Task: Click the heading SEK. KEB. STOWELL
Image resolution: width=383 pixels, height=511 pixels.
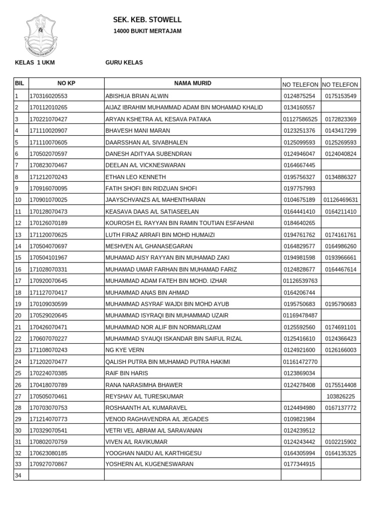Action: click(x=147, y=20)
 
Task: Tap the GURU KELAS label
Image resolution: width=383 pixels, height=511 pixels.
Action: click(x=124, y=62)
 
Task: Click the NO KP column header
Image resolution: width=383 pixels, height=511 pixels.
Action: click(x=66, y=83)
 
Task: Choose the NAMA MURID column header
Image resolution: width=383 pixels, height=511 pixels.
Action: click(x=192, y=83)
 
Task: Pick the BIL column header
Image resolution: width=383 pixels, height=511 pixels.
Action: click(x=20, y=83)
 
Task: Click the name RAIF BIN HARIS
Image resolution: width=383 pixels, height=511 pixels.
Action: click(x=127, y=373)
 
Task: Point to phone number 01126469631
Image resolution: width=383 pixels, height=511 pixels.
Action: click(x=341, y=200)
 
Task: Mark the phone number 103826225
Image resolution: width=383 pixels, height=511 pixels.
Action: click(x=341, y=396)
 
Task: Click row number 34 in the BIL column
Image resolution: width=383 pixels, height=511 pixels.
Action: click(x=18, y=476)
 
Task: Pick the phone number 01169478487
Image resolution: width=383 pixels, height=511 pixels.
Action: click(x=300, y=316)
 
